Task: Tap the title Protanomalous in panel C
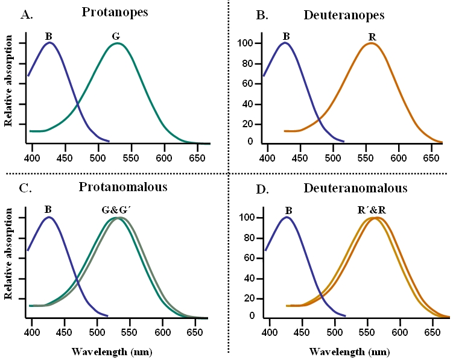click(x=123, y=187)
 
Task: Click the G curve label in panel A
click(x=116, y=37)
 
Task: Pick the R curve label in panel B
click(x=372, y=37)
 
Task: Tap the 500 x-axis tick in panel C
click(x=97, y=332)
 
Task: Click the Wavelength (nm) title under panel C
click(x=103, y=351)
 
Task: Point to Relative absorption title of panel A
click(x=9, y=81)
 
